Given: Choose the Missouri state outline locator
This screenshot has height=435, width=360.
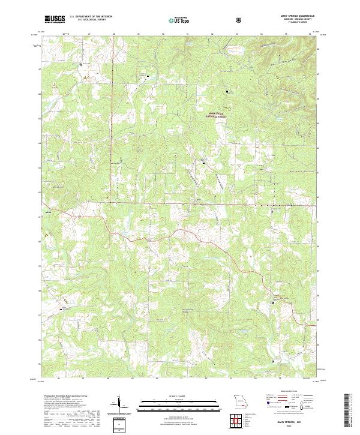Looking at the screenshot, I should [239, 401].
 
